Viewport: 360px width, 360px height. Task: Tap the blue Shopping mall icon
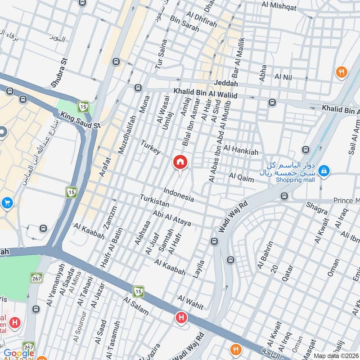pos(324,171)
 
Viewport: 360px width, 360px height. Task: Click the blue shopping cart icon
pos(7,203)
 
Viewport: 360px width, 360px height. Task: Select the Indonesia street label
pos(179,194)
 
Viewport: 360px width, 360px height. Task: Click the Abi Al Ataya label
pos(172,218)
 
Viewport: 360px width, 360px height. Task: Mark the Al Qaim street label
pos(241,177)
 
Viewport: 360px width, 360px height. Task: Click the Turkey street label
pos(150,147)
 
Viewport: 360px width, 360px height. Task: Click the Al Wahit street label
pos(190,301)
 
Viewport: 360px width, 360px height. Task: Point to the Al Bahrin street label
pos(265,255)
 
